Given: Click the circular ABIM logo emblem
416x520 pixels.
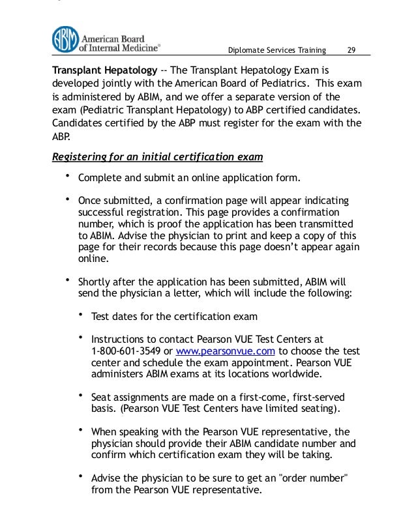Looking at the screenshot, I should click(x=65, y=39).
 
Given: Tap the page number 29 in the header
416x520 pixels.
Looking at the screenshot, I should click(x=351, y=51).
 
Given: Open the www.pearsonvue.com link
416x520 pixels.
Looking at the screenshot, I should click(x=226, y=350).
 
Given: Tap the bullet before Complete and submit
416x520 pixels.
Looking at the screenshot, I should click(x=67, y=176).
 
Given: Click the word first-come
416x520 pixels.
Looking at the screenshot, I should click(x=256, y=397).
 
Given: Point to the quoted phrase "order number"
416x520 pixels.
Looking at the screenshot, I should click(x=313, y=478).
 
